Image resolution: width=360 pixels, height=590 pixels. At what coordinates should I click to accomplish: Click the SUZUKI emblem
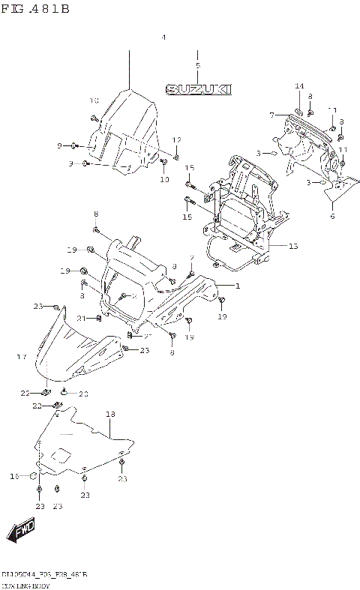[x=198, y=89]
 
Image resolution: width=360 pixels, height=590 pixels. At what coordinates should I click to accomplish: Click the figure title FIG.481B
[x=35, y=8]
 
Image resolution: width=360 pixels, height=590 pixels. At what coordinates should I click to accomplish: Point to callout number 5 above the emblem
[x=197, y=66]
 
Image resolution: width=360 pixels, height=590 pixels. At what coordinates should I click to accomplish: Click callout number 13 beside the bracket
[x=292, y=246]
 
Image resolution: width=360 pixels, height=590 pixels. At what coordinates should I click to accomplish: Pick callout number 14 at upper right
[x=299, y=86]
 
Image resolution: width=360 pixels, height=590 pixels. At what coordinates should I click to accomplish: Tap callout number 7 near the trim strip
[x=272, y=115]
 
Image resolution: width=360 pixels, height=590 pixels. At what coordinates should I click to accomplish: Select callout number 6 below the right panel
[x=331, y=216]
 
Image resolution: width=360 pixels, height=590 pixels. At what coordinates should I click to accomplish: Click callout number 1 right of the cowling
[x=238, y=286]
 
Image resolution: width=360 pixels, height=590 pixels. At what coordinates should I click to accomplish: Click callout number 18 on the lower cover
[x=110, y=414]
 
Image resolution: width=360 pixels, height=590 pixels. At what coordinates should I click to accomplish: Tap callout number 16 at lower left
[x=13, y=475]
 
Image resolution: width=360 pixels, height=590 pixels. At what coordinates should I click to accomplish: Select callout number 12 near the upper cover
[x=177, y=140]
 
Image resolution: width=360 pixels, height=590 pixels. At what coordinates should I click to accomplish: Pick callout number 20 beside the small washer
[x=83, y=393]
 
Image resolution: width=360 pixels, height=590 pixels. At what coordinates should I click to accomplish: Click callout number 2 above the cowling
[x=192, y=258]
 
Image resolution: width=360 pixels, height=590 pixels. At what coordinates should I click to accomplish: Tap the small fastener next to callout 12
[x=175, y=157]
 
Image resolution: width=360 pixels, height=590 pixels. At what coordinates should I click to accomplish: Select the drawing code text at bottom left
[x=45, y=574]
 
